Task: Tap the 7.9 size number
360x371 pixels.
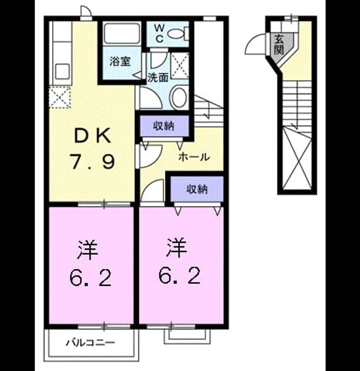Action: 92,161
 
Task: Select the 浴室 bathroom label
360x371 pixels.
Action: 120,61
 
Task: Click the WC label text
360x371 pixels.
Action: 159,34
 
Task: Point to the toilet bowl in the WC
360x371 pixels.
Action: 178,34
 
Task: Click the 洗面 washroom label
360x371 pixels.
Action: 158,77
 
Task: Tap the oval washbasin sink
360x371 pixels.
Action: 178,98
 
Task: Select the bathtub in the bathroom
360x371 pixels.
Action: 122,34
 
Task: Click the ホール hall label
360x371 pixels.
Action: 194,157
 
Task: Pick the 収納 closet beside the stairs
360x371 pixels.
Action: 164,126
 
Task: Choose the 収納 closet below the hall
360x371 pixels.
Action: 197,189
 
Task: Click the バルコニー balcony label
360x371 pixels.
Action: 90,342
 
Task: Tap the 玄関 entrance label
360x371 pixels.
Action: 279,45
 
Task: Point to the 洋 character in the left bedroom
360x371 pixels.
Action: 87,250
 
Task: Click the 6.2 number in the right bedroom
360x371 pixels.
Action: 179,276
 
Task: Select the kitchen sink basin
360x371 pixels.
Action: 62,71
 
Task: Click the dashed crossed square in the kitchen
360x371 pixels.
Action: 59,97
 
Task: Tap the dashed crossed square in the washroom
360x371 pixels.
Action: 179,66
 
